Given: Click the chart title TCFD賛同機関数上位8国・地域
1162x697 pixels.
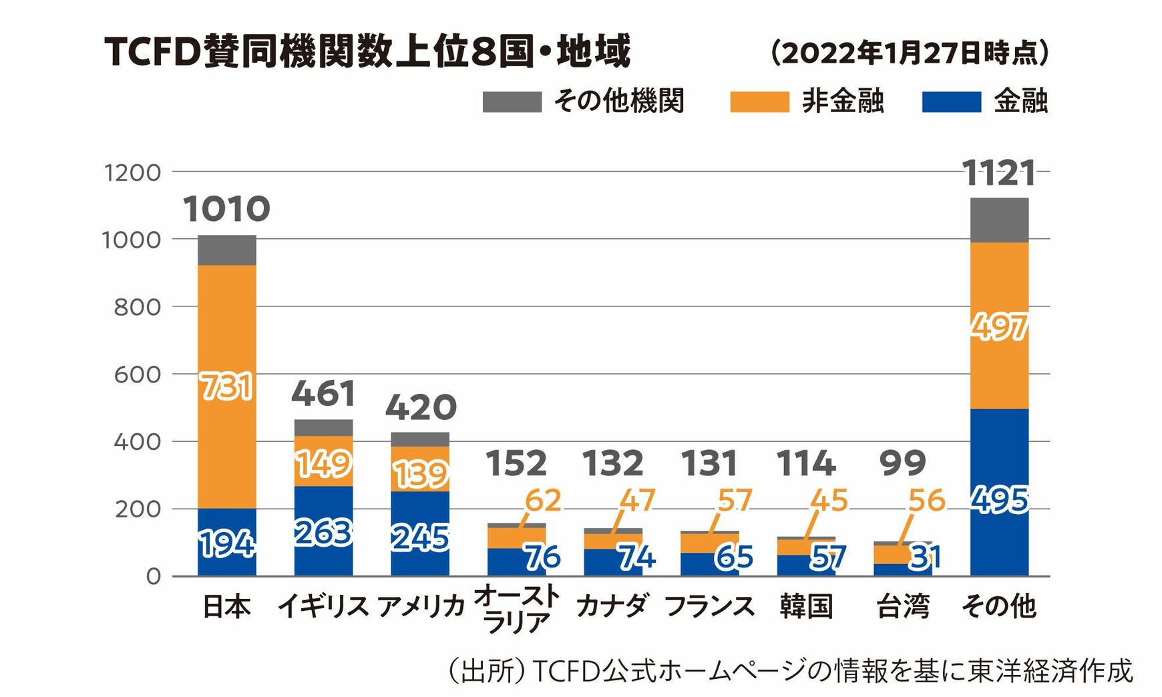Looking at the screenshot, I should coord(367,52).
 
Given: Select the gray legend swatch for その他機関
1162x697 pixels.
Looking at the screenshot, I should coord(512,102).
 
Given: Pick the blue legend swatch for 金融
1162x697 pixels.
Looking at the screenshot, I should coord(951,102).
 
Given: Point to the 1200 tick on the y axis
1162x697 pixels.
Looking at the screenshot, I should coord(133,173).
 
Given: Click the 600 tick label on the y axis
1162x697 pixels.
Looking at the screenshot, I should coord(137,375).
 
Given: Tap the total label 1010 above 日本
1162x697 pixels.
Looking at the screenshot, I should coord(226,209).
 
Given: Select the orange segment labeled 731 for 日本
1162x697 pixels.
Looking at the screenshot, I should coord(227,387).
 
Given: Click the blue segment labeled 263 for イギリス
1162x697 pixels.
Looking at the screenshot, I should coord(323,532).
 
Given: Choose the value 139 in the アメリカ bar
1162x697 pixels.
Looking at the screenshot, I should coord(420,475).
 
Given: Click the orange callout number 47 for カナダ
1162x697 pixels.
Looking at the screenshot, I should coord(637,501).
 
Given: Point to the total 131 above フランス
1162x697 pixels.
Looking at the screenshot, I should coord(709,463).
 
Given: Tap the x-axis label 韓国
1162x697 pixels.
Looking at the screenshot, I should coord(806,606).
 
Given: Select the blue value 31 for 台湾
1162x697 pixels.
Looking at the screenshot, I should coord(926,557).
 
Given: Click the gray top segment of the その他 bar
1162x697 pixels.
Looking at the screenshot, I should coord(999,220).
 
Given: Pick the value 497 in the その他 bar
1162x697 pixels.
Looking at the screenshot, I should coord(999,327).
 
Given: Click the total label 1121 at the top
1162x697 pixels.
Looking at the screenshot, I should coord(999,174).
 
